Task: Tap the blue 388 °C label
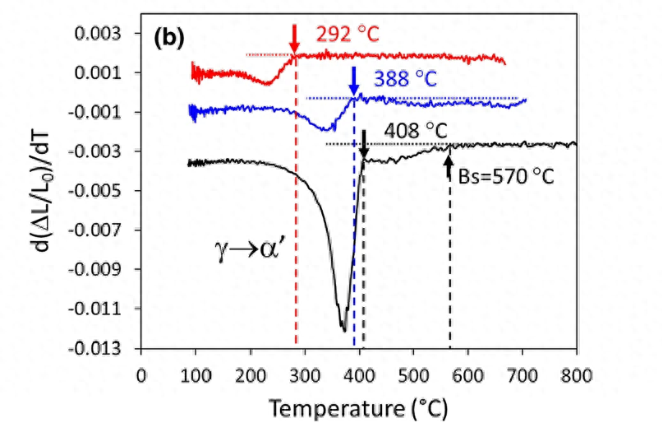405,80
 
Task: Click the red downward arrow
293,38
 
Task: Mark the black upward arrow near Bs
449,165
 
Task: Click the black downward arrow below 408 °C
364,145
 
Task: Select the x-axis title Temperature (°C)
360,407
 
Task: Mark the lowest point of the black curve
343,330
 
